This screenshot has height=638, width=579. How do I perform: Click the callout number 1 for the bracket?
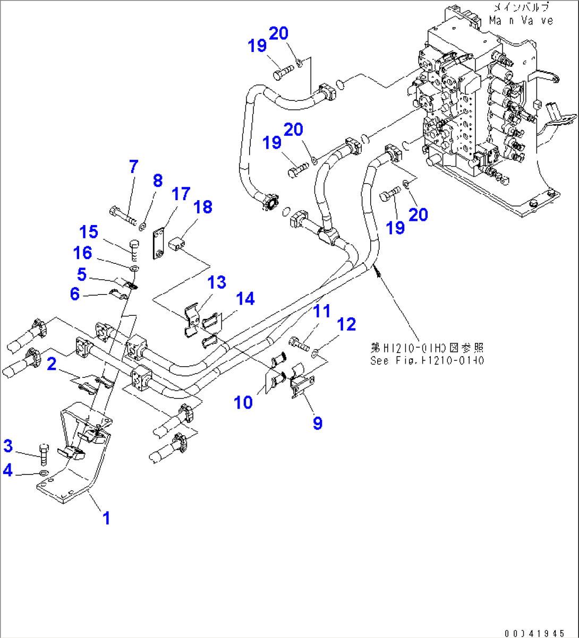(x=107, y=518)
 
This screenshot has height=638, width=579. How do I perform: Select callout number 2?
(x=52, y=364)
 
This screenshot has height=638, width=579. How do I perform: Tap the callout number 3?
(x=8, y=446)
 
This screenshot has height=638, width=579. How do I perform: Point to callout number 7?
(x=133, y=167)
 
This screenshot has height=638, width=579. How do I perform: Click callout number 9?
(x=317, y=423)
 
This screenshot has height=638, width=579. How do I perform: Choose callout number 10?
(x=244, y=402)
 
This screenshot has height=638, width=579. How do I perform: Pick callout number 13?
(x=217, y=282)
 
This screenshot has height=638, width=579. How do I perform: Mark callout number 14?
(x=245, y=299)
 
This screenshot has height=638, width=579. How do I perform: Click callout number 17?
(x=181, y=194)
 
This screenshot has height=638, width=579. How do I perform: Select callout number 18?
(x=203, y=207)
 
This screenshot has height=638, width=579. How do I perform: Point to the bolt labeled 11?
(x=300, y=343)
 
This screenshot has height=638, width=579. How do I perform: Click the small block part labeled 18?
(x=176, y=246)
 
